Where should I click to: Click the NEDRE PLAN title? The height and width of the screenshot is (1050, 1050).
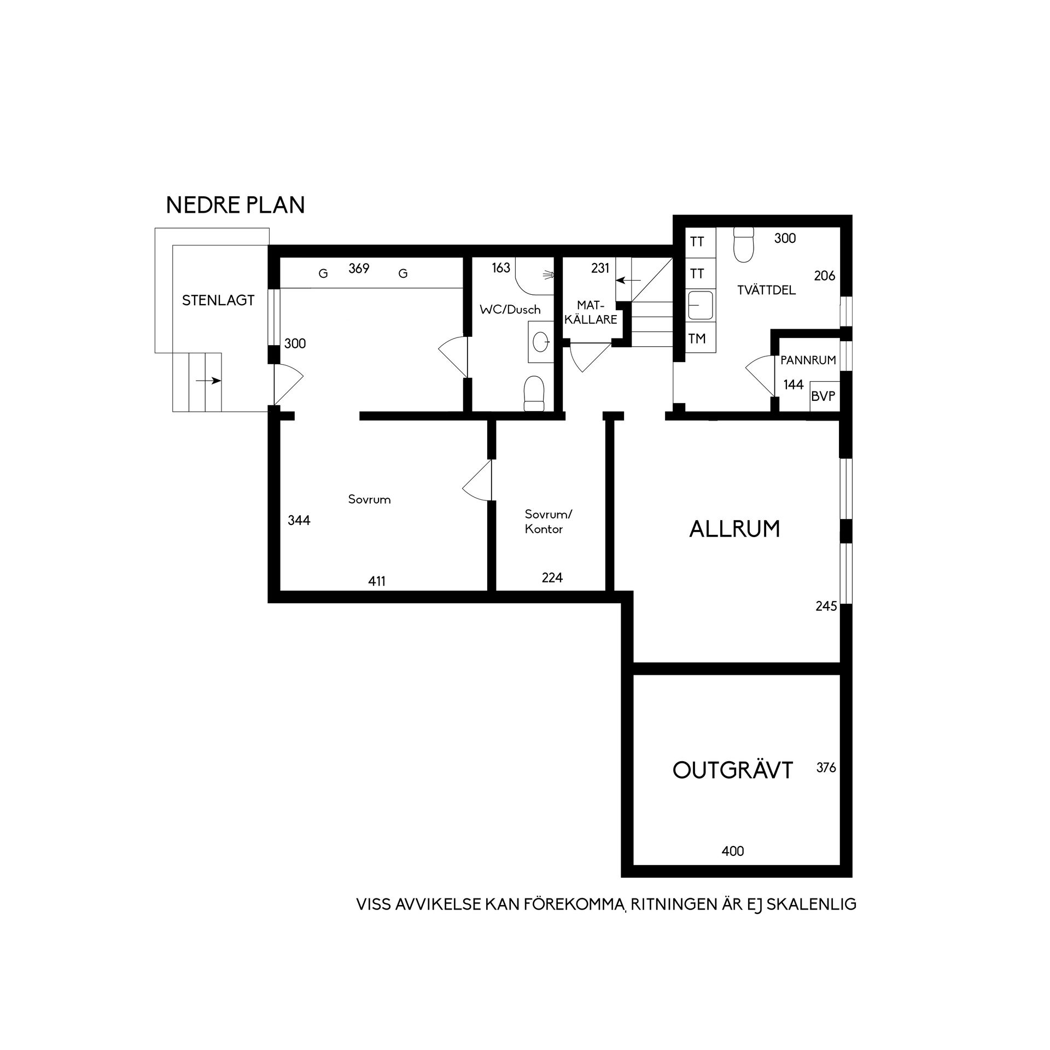[x=235, y=205]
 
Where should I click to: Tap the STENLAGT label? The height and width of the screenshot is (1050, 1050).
[x=218, y=300]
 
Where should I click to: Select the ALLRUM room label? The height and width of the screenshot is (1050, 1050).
[x=734, y=529]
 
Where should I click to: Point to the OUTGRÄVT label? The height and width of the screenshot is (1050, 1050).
[x=733, y=771]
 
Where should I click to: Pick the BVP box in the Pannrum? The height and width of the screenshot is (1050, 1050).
[x=824, y=396]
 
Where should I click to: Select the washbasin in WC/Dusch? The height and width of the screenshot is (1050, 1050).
[x=541, y=342]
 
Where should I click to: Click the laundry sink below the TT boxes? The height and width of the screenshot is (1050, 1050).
[x=701, y=305]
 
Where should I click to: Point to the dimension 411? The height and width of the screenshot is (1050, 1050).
[x=377, y=581]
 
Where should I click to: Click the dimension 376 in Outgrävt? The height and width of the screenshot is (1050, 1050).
[x=826, y=768]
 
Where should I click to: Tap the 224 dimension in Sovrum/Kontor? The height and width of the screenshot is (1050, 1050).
[x=552, y=577]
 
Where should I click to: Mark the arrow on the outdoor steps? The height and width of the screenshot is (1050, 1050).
[x=208, y=381]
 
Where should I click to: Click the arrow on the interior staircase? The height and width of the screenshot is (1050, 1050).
[x=628, y=281]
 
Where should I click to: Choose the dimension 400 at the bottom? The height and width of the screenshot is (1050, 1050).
[x=733, y=851]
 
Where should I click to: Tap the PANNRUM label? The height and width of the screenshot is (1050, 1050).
[x=808, y=360]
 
